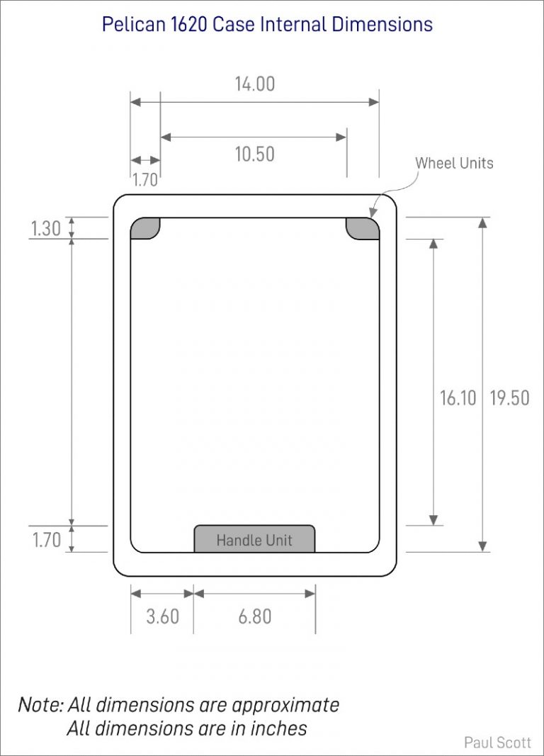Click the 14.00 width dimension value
tap(255, 84)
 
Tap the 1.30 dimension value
tap(46, 229)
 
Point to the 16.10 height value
tap(458, 397)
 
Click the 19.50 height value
tap(509, 397)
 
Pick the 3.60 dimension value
tap(162, 616)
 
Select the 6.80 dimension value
tap(255, 616)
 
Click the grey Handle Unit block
tap(254, 539)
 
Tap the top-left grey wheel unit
tap(144, 228)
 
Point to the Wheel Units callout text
tap(454, 163)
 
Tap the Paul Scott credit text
tap(497, 743)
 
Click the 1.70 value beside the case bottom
tap(46, 540)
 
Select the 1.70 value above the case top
tap(144, 180)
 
